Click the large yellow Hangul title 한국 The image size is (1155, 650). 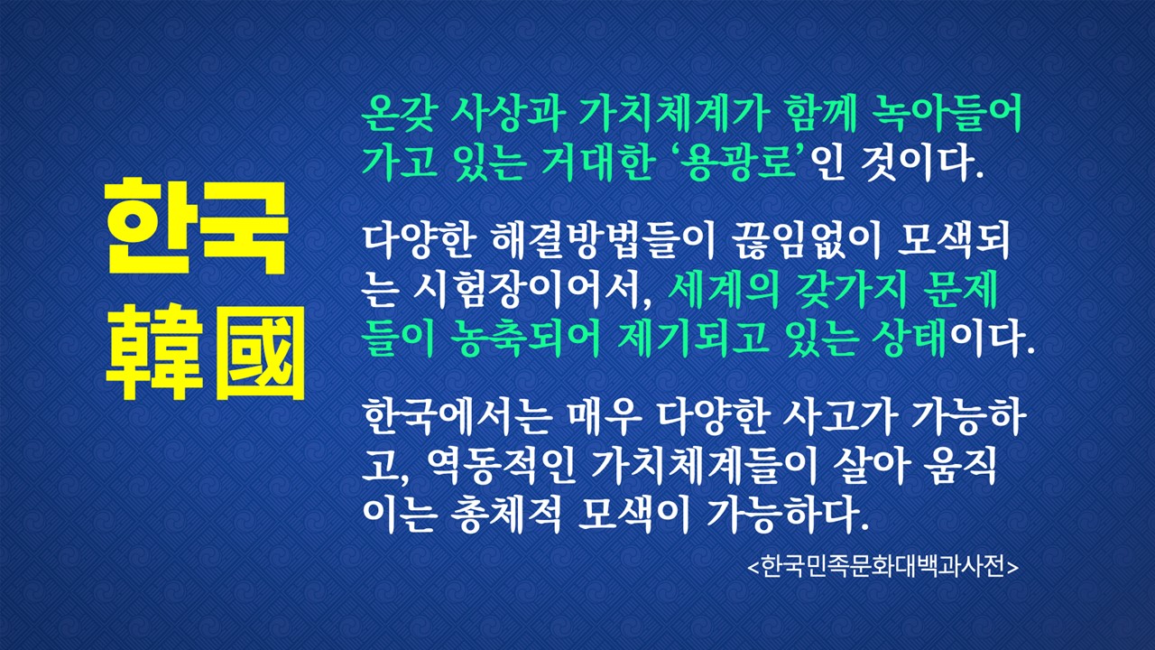point(197,227)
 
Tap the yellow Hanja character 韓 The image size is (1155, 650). point(153,352)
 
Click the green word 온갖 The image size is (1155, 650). point(399,114)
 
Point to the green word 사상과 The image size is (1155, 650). point(507,114)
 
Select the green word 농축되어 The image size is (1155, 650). point(525,340)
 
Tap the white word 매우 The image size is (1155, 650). point(604,417)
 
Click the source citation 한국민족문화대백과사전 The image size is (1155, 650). point(882,566)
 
